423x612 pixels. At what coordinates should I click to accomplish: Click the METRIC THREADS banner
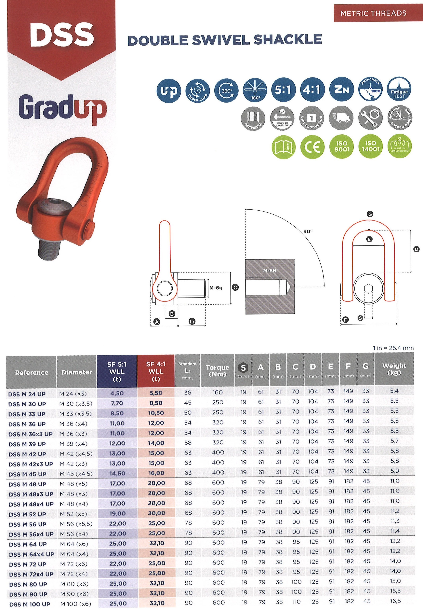pyautogui.click(x=373, y=13)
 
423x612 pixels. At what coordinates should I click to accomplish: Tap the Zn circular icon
pyautogui.click(x=341, y=90)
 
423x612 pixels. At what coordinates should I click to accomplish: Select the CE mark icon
pyautogui.click(x=312, y=146)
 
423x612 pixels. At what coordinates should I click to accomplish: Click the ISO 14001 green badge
pyautogui.click(x=371, y=146)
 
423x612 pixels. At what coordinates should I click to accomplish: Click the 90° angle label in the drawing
pyautogui.click(x=308, y=231)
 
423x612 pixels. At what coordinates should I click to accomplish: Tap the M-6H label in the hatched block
pyautogui.click(x=270, y=271)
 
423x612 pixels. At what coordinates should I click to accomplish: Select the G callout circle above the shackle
pyautogui.click(x=370, y=214)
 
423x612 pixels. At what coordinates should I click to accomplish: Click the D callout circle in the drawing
pyautogui.click(x=416, y=249)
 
